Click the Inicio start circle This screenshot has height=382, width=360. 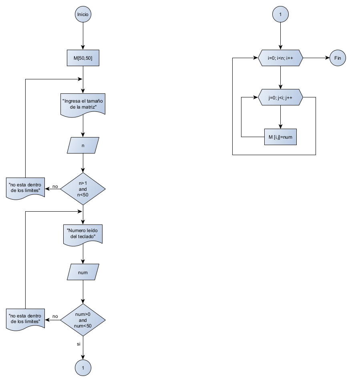83,14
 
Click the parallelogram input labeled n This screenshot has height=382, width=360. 83,146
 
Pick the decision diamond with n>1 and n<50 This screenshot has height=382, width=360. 83,188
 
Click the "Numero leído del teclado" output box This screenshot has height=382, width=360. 83,234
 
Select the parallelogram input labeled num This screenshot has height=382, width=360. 83,273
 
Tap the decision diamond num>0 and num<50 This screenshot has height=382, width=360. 83,320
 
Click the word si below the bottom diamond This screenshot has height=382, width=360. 78,344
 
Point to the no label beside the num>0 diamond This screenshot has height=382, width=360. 55,316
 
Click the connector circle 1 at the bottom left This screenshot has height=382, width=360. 83,367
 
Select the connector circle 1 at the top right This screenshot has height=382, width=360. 280,14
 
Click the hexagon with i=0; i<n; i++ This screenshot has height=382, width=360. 280,58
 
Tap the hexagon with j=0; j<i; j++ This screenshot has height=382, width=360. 280,97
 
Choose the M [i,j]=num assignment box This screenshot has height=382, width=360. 280,137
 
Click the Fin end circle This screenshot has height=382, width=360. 338,58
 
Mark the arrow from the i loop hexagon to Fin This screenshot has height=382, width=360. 316,58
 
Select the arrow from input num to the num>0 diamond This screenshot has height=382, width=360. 83,292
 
